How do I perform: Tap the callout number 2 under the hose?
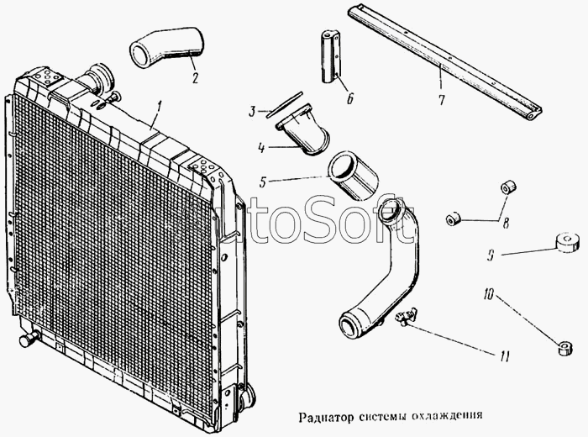(195, 77)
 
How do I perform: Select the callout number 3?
(252, 111)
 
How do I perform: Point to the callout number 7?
(441, 99)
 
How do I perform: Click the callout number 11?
(504, 356)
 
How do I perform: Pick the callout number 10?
(490, 293)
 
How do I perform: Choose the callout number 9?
(491, 255)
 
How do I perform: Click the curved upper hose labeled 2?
(167, 48)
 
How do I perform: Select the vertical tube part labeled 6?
(330, 58)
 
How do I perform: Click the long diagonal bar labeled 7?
(444, 61)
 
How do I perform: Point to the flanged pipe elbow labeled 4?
(303, 129)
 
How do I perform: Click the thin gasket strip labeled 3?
(284, 105)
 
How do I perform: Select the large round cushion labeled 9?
(566, 243)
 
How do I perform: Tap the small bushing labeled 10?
(564, 348)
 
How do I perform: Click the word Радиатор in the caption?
(326, 417)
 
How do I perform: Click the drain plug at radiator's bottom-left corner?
(29, 339)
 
